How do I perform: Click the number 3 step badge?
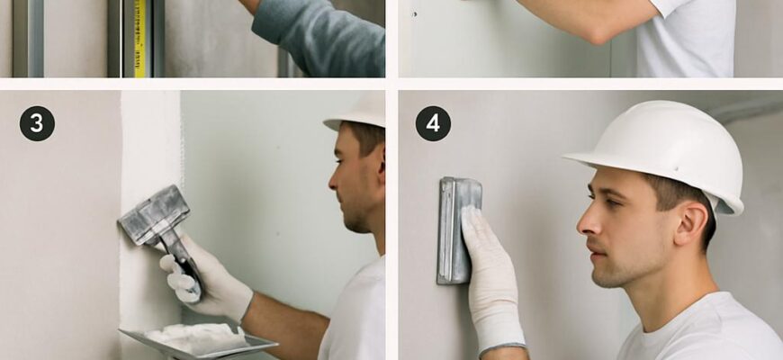tap(37, 123)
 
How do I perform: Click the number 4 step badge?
tap(433, 123)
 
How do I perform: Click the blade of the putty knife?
tap(154, 214)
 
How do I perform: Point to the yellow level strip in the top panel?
tap(139, 39)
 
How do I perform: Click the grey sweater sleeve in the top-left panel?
tap(319, 40)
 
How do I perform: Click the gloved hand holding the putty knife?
tap(204, 277)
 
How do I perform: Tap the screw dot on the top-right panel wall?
tap(415, 14)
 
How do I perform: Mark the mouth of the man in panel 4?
tap(598, 250)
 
